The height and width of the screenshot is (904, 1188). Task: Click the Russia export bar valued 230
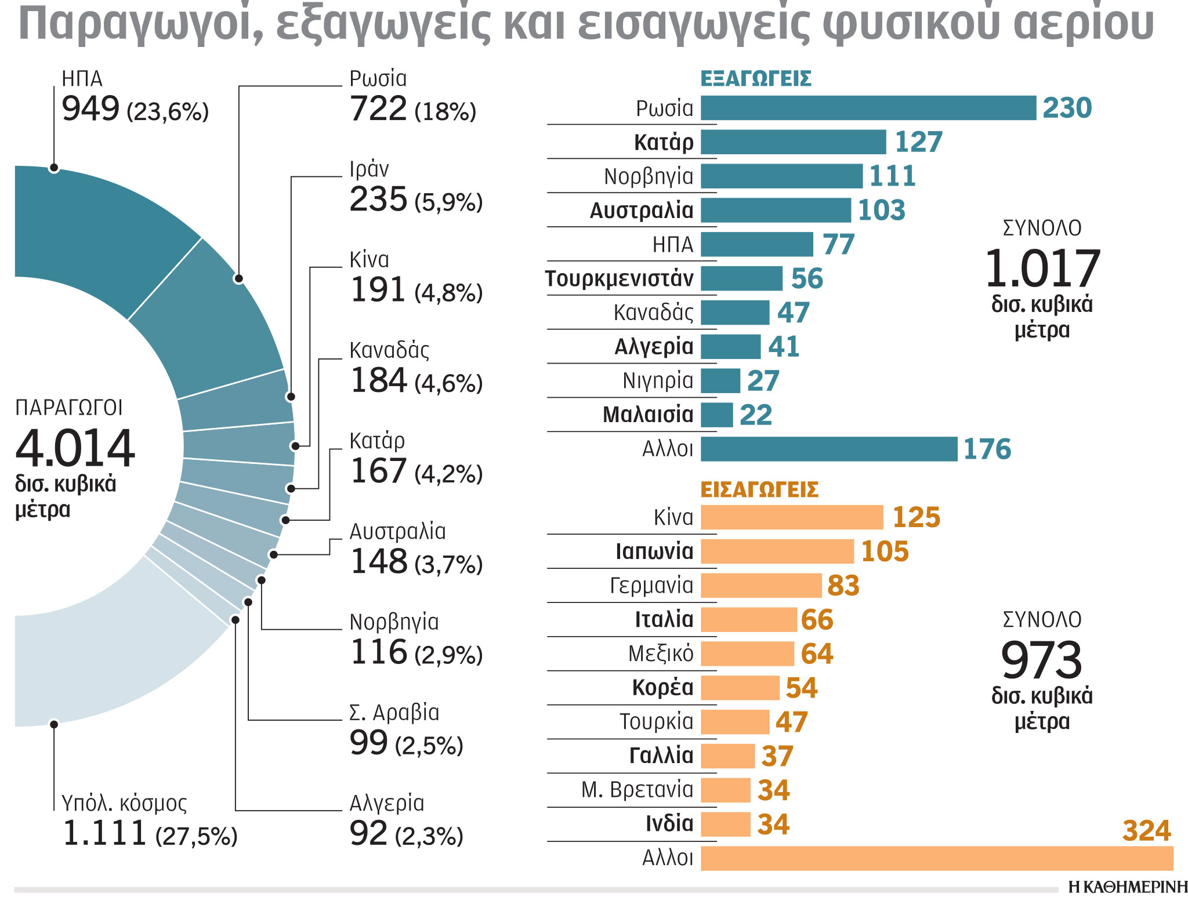pyautogui.click(x=868, y=108)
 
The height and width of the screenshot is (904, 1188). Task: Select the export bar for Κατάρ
pyautogui.click(x=793, y=143)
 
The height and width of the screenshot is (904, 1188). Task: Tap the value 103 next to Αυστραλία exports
pyautogui.click(x=881, y=210)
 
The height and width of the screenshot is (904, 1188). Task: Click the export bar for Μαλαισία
pyautogui.click(x=716, y=415)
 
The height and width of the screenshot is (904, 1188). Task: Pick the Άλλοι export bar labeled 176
pyautogui.click(x=828, y=449)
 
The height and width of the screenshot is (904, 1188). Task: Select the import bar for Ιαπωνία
pyautogui.click(x=777, y=552)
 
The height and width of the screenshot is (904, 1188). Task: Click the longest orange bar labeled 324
pyautogui.click(x=936, y=859)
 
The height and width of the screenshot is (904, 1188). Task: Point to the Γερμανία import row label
pyautogui.click(x=651, y=586)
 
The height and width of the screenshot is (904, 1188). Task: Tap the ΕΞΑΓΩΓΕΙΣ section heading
pyautogui.click(x=755, y=79)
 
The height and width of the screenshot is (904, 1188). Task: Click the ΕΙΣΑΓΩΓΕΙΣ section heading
pyautogui.click(x=759, y=490)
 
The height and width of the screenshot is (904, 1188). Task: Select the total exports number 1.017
pyautogui.click(x=1042, y=268)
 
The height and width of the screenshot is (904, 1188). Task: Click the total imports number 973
pyautogui.click(x=1041, y=660)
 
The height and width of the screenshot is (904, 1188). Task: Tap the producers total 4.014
pyautogui.click(x=75, y=448)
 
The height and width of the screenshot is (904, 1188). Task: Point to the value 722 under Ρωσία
pyautogui.click(x=378, y=109)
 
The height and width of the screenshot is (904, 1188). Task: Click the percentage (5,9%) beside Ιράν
pyautogui.click(x=448, y=202)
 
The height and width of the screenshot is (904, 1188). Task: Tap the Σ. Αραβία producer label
pyautogui.click(x=394, y=713)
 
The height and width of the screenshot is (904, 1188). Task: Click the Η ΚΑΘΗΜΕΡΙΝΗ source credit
pyautogui.click(x=1127, y=887)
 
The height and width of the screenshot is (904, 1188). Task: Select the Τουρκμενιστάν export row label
pyautogui.click(x=619, y=279)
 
